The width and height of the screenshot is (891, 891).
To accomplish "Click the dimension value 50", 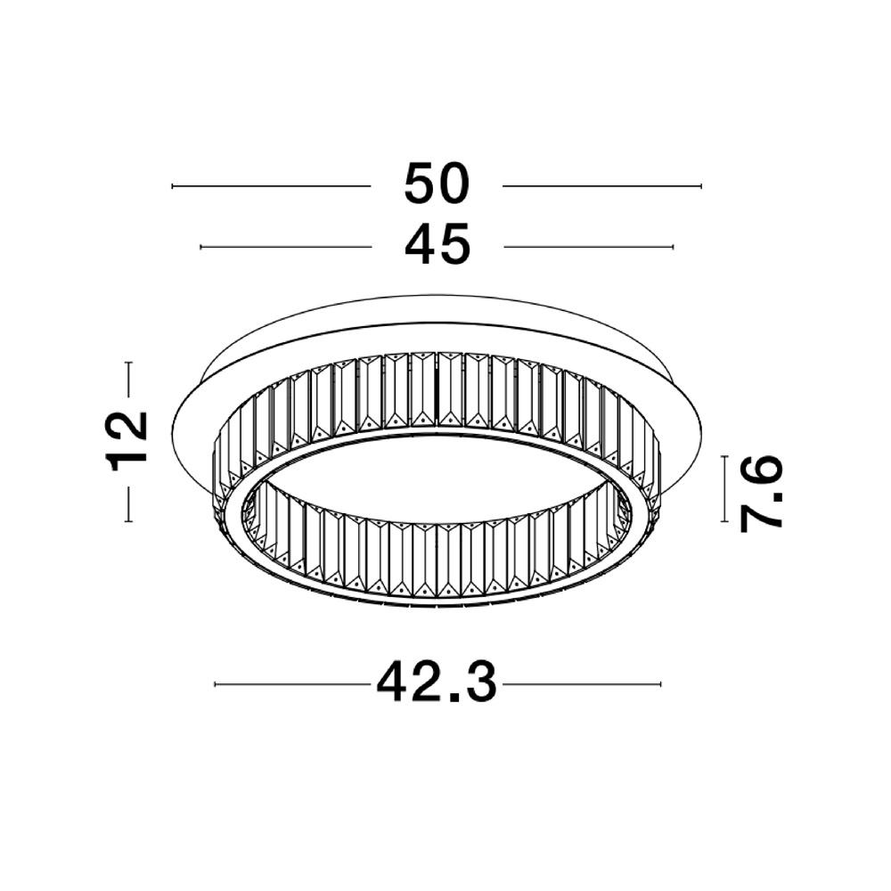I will [437, 185].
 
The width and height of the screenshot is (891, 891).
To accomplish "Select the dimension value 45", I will [437, 245].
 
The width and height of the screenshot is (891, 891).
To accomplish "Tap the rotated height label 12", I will [127, 441].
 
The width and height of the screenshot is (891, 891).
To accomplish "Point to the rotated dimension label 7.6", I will [763, 492].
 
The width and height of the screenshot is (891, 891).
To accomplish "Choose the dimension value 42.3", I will [437, 684].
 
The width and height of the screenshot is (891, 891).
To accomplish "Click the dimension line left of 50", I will [270, 186].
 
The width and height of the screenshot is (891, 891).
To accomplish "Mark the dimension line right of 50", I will [602, 186].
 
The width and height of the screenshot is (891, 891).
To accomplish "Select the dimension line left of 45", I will [285, 246].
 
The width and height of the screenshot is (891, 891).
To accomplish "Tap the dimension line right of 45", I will [588, 246].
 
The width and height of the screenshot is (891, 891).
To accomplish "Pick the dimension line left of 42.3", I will [292, 684].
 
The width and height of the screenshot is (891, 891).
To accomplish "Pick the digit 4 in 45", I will [421, 245].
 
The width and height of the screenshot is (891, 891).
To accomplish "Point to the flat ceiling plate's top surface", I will [437, 330].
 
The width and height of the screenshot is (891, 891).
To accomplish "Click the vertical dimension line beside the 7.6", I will [726, 488].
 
